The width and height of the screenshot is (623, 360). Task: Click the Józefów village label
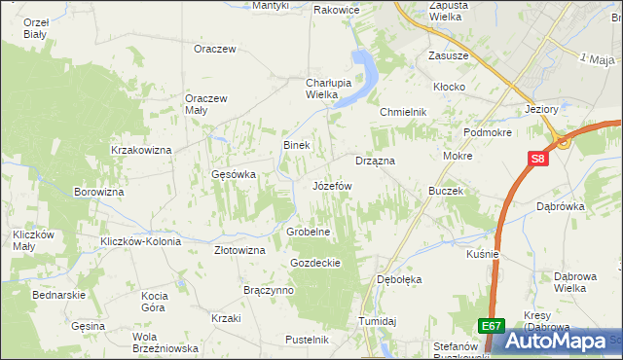331,185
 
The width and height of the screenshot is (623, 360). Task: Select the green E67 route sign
492,327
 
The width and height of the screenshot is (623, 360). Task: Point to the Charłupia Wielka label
308,89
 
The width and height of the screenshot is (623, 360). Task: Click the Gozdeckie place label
314,263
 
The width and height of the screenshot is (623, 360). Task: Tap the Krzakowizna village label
141,150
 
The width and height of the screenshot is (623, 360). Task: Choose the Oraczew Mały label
206,103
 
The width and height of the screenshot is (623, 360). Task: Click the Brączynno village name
269,290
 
